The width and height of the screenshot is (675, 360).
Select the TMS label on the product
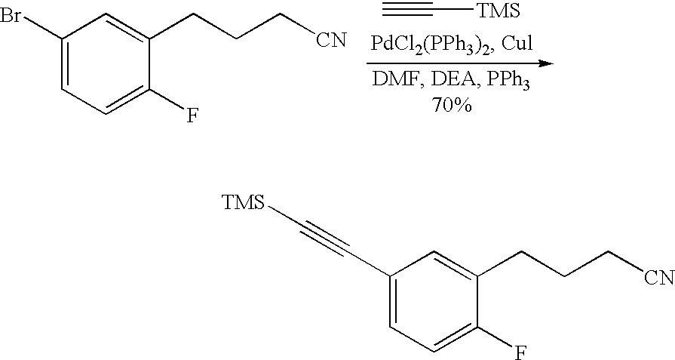tap(244, 202)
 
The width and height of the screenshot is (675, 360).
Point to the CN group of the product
tap(658, 278)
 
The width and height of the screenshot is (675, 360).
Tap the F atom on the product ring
tap(520, 352)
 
